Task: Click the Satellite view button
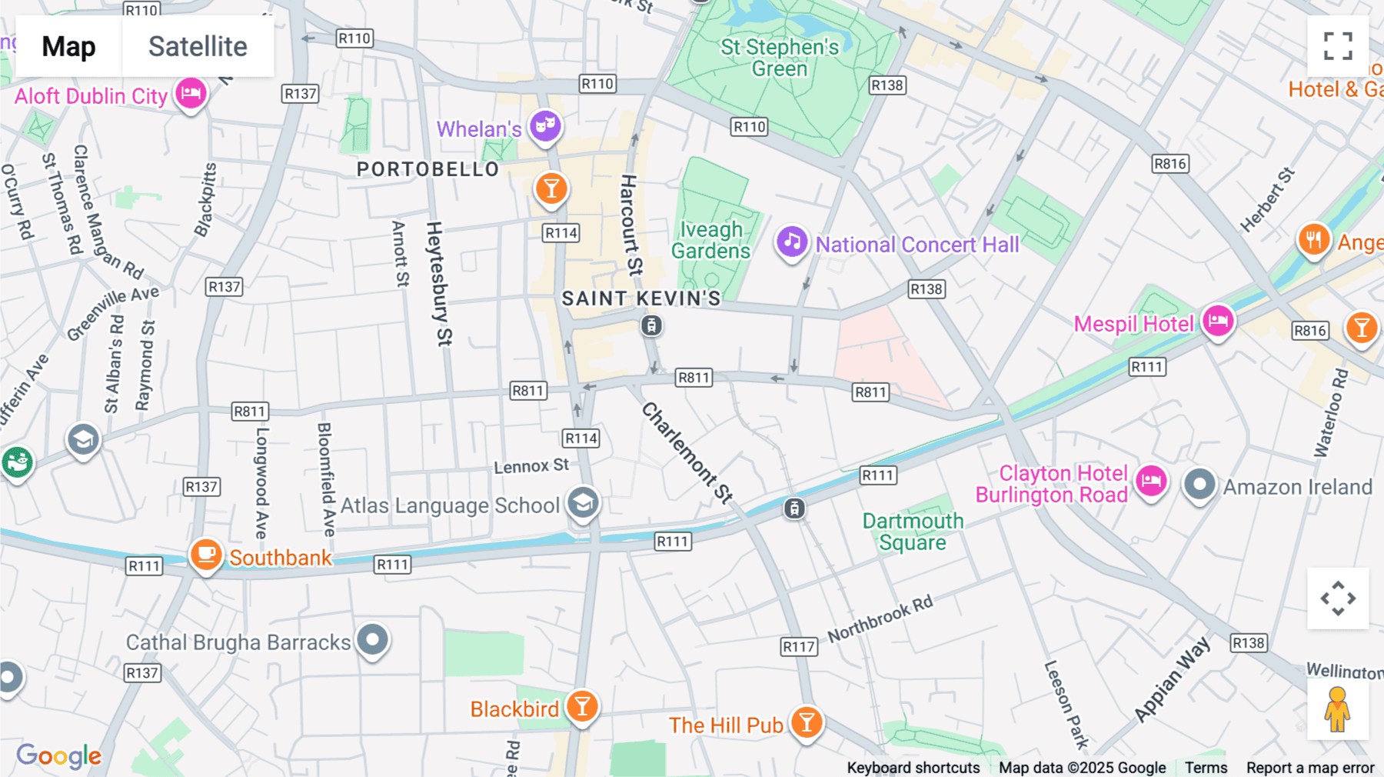(x=198, y=46)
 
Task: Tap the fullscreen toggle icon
(x=1338, y=46)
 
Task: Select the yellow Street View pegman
(x=1337, y=709)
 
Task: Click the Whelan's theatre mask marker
(x=545, y=125)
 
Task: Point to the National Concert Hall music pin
(x=791, y=242)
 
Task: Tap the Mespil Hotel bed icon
(x=1218, y=320)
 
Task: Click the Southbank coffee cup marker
(x=206, y=554)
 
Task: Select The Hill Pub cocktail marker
(x=807, y=722)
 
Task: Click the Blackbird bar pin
(x=582, y=705)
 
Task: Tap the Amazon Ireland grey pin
(x=1199, y=485)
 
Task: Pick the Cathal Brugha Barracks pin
(x=373, y=639)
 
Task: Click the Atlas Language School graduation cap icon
(x=583, y=503)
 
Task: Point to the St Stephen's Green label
(x=779, y=58)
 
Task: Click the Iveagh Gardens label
(x=710, y=240)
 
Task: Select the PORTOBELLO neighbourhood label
(x=428, y=169)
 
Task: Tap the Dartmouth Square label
(x=913, y=532)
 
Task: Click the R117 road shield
(x=798, y=646)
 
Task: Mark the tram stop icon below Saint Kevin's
(x=651, y=325)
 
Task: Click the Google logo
(x=58, y=755)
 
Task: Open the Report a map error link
(x=1309, y=767)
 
